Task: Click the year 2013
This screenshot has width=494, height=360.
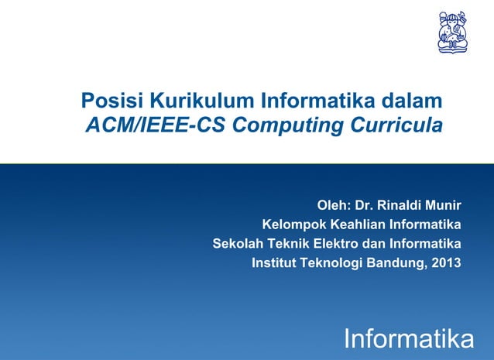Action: tap(446, 264)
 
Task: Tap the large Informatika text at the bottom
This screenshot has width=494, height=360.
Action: tap(408, 338)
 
